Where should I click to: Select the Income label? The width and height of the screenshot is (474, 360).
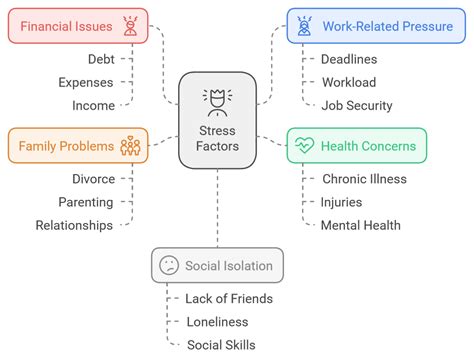[93, 105]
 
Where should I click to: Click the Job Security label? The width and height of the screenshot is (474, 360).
[357, 105]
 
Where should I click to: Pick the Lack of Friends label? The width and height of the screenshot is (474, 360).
[228, 297]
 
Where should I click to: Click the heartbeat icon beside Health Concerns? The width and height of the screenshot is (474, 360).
[303, 146]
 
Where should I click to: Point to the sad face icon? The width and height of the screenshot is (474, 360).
[169, 265]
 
